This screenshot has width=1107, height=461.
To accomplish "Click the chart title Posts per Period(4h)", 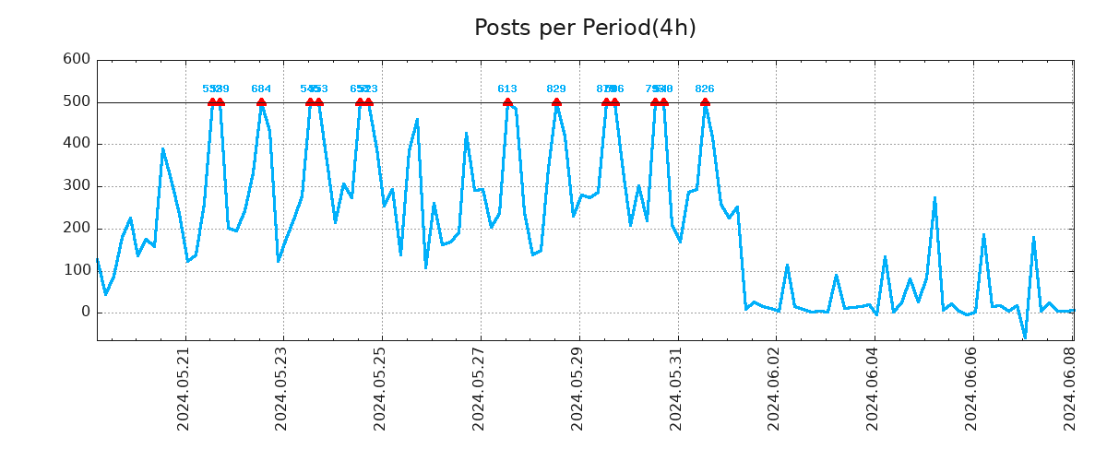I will (585, 29).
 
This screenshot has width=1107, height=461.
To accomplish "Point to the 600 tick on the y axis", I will (76, 60).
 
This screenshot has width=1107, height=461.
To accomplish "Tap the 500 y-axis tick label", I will (76, 101).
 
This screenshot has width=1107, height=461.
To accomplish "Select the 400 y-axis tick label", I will (76, 144).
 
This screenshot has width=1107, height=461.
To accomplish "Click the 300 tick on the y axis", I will (76, 186).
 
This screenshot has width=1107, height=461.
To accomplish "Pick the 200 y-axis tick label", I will (76, 229).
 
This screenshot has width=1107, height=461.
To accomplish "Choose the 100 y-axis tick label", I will (76, 270).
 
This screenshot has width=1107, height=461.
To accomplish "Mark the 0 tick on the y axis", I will (85, 313).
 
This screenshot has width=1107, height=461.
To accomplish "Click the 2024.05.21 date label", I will (184, 388).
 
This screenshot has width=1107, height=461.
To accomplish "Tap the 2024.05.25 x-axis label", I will (380, 388).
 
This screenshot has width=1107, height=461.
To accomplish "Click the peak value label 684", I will (261, 89).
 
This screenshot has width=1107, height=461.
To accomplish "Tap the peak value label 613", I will (507, 89).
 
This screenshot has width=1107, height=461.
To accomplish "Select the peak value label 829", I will (556, 89).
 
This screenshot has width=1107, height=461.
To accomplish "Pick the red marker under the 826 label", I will (705, 102).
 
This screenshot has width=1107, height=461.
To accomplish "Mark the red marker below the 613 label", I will (507, 102).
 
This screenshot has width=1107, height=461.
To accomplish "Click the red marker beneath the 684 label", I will (261, 102).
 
